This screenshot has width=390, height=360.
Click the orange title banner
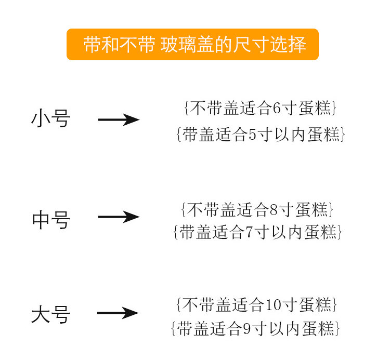(x=192, y=45)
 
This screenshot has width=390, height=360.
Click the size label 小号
(x=51, y=119)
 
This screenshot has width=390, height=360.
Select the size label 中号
(x=51, y=220)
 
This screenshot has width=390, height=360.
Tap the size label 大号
(x=51, y=315)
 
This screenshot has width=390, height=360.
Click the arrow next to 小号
(x=119, y=120)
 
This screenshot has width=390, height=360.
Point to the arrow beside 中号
(x=119, y=217)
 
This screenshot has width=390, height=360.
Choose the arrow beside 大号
(x=118, y=313)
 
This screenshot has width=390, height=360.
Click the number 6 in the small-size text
(x=277, y=109)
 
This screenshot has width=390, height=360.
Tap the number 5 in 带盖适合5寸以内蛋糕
(x=253, y=135)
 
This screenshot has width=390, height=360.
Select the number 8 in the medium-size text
(x=275, y=210)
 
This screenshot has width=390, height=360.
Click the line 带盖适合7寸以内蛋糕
(x=257, y=232)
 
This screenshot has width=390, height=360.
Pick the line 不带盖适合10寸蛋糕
(x=257, y=304)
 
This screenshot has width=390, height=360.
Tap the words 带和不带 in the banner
(x=118, y=45)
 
